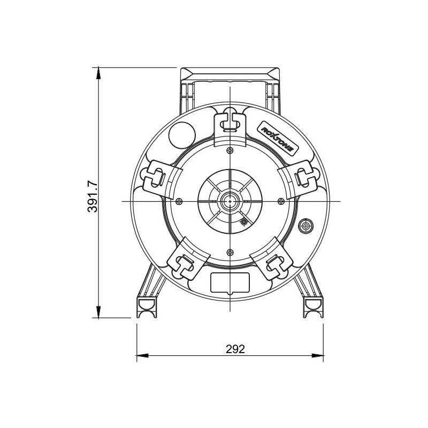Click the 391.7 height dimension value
tap(93, 196)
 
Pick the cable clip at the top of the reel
tap(230, 122)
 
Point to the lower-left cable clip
tap(183, 261)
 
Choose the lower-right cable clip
tap(276, 261)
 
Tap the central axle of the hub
tap(230, 201)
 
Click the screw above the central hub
tap(230, 149)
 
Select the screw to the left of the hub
tap(179, 201)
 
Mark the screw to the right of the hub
tap(281, 201)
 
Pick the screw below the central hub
tap(230, 252)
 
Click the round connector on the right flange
tap(306, 226)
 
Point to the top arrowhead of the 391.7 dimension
tap(98, 74)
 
